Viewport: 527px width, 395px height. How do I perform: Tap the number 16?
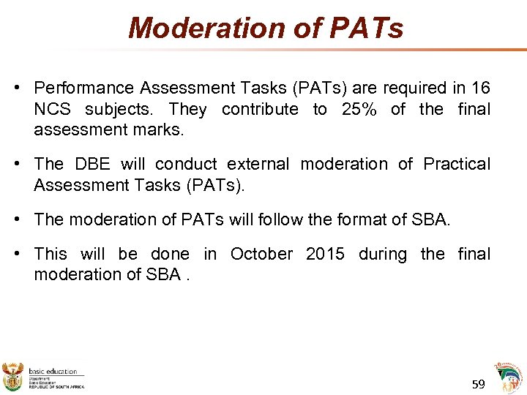point(480,89)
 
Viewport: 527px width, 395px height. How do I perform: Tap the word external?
point(258,164)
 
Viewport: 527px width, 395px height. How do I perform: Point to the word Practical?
point(457,164)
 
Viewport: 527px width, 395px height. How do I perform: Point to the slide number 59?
point(479,384)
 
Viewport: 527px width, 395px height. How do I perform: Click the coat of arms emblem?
point(13,375)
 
